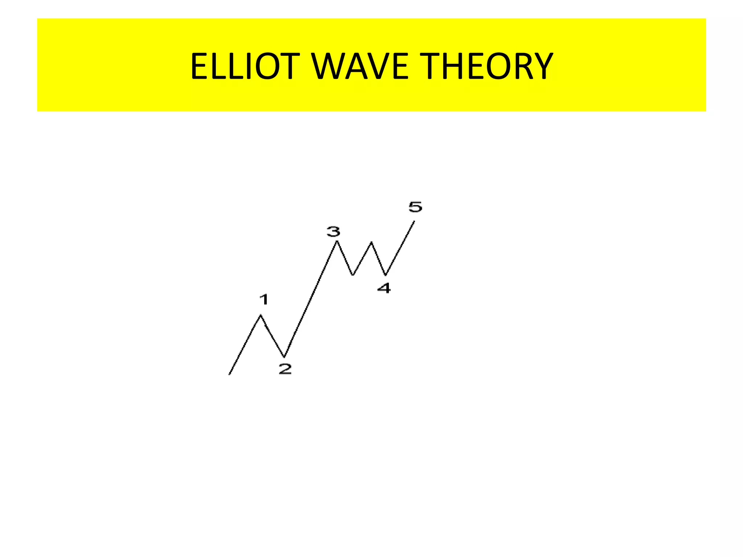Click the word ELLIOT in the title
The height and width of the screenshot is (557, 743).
[x=245, y=66]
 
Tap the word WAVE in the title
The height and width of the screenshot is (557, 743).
[x=360, y=66]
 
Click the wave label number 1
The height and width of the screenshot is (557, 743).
[x=264, y=300]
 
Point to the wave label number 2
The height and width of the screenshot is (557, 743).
[x=285, y=369]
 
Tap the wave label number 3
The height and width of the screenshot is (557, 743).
[x=333, y=231]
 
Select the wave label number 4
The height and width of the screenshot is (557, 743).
[x=384, y=288]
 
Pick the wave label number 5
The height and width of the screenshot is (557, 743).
[x=415, y=207]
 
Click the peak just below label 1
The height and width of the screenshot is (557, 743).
[x=260, y=315]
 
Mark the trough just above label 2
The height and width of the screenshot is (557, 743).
[x=284, y=357]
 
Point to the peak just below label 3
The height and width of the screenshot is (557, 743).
[x=337, y=241]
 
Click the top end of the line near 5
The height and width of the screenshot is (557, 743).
[x=414, y=221]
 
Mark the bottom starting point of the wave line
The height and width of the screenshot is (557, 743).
[x=229, y=374]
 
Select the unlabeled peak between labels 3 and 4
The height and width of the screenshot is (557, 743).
[x=371, y=242]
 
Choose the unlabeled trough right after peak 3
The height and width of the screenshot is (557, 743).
[x=353, y=275]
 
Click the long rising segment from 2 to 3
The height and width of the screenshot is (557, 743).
[x=311, y=299]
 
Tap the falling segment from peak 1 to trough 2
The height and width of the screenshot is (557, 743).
[x=272, y=336]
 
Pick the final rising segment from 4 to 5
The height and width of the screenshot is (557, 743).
[x=400, y=248]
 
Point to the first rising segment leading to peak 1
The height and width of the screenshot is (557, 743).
[x=245, y=345]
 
